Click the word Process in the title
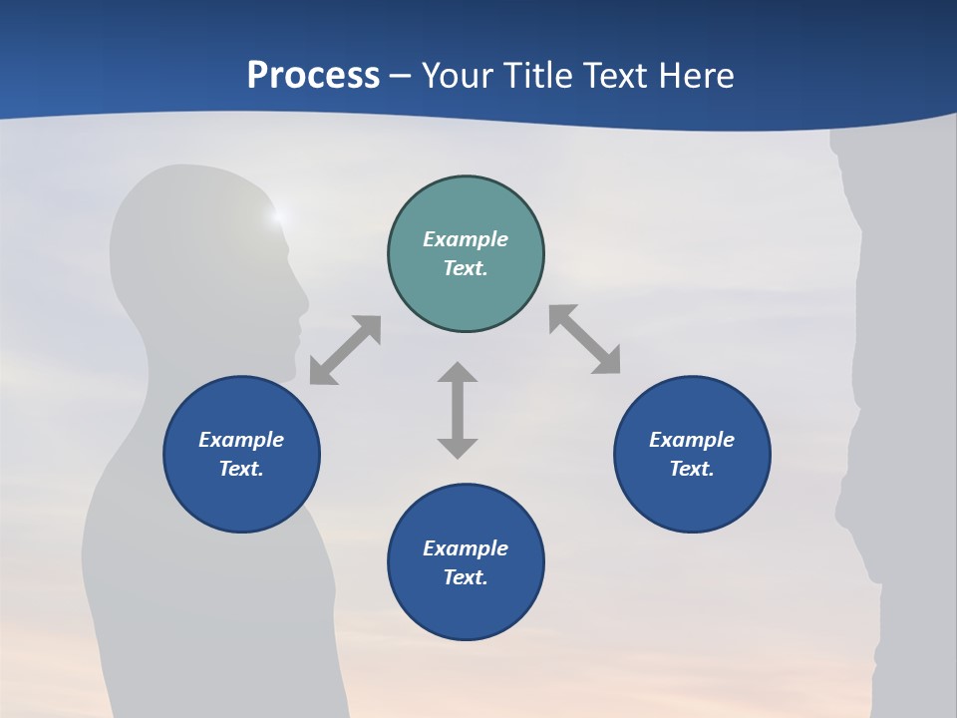[313, 76]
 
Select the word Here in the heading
[697, 76]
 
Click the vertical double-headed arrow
[458, 410]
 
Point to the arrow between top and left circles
[345, 350]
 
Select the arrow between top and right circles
[585, 339]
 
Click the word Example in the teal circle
[466, 239]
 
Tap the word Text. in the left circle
[241, 469]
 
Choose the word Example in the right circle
[692, 440]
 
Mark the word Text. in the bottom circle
[466, 577]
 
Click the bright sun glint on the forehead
[278, 214]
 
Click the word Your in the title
[456, 76]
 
